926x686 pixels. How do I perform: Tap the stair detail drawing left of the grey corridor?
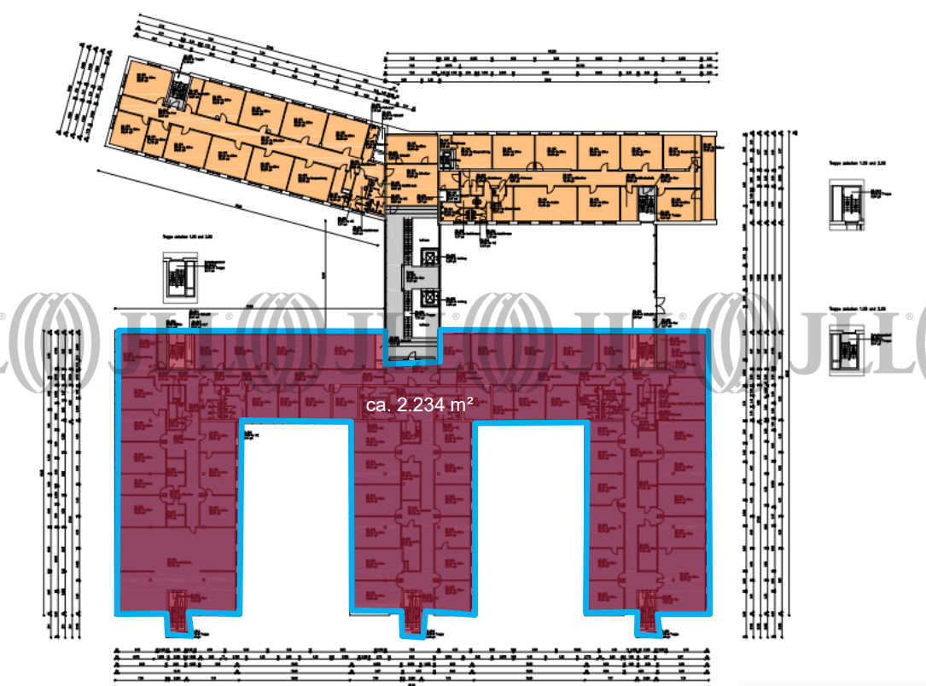pos(179,276)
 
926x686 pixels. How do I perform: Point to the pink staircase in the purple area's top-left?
pos(179,350)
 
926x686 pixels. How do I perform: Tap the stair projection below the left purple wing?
pos(178,613)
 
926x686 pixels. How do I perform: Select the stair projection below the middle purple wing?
pos(412,613)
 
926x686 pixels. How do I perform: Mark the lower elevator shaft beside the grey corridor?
pos(429,296)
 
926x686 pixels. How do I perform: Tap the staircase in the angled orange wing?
pos(179,90)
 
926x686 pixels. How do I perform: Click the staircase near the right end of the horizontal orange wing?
pos(647,201)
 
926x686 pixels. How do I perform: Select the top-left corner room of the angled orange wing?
pos(137,78)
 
